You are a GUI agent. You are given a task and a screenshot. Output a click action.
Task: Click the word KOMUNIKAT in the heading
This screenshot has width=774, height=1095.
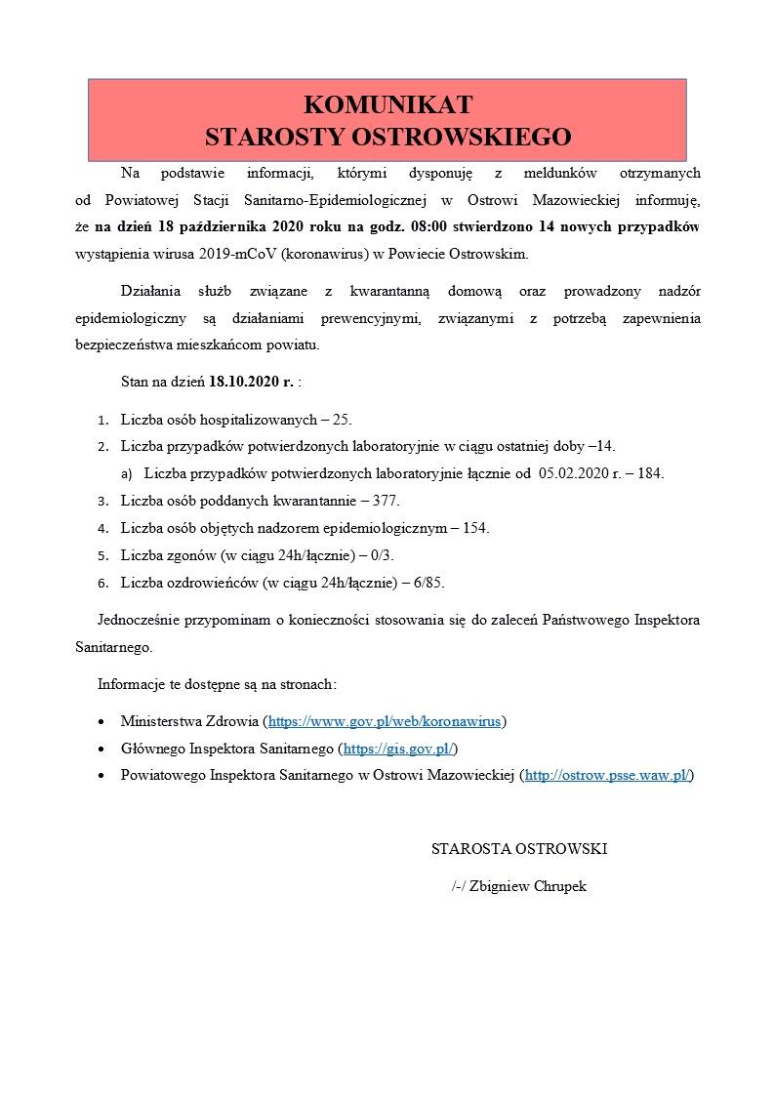(388, 105)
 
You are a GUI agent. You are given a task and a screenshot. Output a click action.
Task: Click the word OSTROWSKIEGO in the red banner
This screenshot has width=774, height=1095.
(461, 136)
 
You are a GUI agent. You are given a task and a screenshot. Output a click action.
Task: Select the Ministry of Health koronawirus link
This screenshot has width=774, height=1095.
(385, 722)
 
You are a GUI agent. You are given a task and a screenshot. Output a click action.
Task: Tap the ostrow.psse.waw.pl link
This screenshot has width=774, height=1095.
(608, 776)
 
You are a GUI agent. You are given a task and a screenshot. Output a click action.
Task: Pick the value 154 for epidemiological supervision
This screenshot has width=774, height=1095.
(474, 528)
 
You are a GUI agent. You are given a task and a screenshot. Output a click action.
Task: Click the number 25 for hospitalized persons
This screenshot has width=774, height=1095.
(342, 420)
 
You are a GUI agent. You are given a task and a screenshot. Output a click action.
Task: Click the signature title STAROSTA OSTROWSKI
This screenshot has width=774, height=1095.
(518, 849)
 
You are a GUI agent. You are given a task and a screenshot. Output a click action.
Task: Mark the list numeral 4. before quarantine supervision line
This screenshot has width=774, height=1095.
(102, 528)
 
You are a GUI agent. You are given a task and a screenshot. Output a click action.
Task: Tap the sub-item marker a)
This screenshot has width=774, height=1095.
(127, 473)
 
